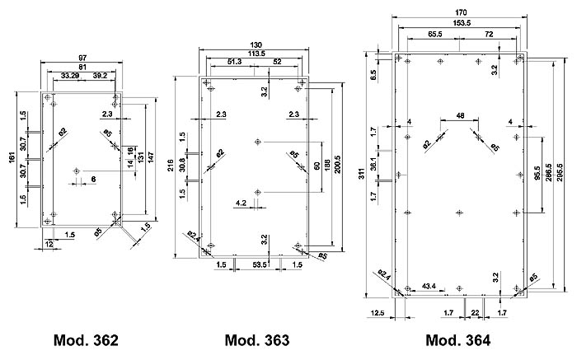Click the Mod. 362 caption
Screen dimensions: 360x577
coord(86,340)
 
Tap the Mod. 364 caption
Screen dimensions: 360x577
coord(457,340)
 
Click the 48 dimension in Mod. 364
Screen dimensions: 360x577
coord(460,116)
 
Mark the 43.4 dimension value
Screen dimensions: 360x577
coord(429,286)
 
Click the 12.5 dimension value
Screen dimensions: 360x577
coord(379,312)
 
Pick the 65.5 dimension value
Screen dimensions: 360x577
coord(436,35)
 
